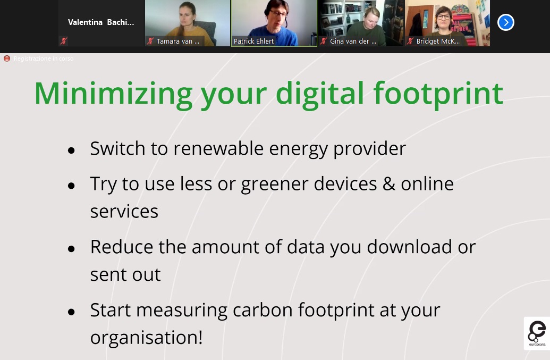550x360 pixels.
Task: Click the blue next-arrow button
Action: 506,22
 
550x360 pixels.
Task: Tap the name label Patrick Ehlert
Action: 253,41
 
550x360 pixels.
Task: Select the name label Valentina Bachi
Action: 101,22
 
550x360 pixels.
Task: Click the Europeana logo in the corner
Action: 537,333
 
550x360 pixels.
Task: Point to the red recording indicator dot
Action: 7,58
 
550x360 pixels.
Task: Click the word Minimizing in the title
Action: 113,94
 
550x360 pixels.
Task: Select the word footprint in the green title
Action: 438,94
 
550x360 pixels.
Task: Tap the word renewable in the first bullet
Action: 218,148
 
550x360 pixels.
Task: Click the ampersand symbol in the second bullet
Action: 389,184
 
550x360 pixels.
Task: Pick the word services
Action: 124,212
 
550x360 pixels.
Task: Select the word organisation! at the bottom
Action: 146,338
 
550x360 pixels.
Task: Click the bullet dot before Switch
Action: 72,150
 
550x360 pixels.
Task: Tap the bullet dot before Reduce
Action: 72,249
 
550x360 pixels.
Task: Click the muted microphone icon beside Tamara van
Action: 150,41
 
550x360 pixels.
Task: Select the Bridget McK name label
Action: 438,41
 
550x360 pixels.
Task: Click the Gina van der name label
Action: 353,41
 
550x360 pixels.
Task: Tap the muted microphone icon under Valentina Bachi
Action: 63,41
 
